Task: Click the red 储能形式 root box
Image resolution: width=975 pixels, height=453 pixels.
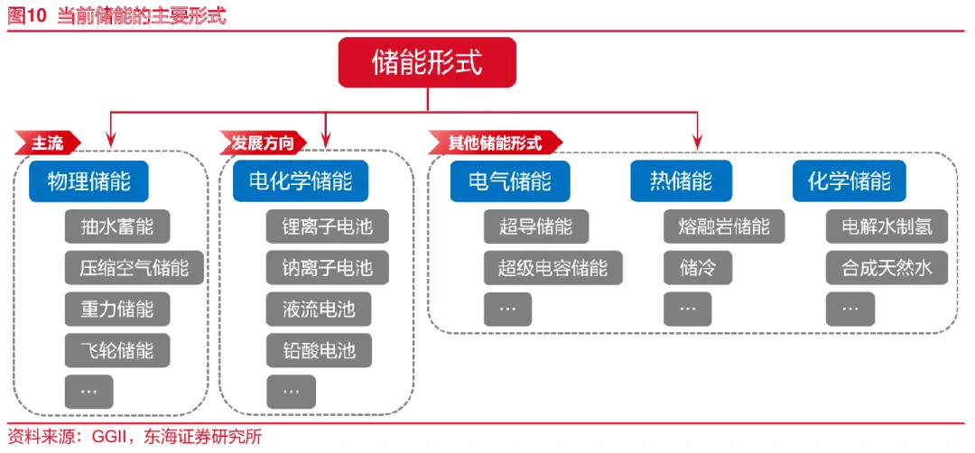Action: [x=427, y=62]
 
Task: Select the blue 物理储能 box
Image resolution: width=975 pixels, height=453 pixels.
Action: [x=88, y=180]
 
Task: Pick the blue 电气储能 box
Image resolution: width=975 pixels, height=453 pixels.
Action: [x=510, y=180]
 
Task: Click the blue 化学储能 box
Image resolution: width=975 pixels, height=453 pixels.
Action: [x=849, y=180]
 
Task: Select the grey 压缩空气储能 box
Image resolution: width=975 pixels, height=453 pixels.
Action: [x=135, y=268]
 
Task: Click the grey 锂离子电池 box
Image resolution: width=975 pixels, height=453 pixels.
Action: [x=327, y=226]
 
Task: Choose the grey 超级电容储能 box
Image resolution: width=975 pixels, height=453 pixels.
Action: [x=553, y=268]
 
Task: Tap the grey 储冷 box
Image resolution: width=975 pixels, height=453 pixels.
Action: [x=698, y=268]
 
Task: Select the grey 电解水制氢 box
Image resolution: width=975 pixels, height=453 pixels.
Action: [x=887, y=226]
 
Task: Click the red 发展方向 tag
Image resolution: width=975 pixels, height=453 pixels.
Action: [x=263, y=143]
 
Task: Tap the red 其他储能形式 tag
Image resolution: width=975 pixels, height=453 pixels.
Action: [x=495, y=143]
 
